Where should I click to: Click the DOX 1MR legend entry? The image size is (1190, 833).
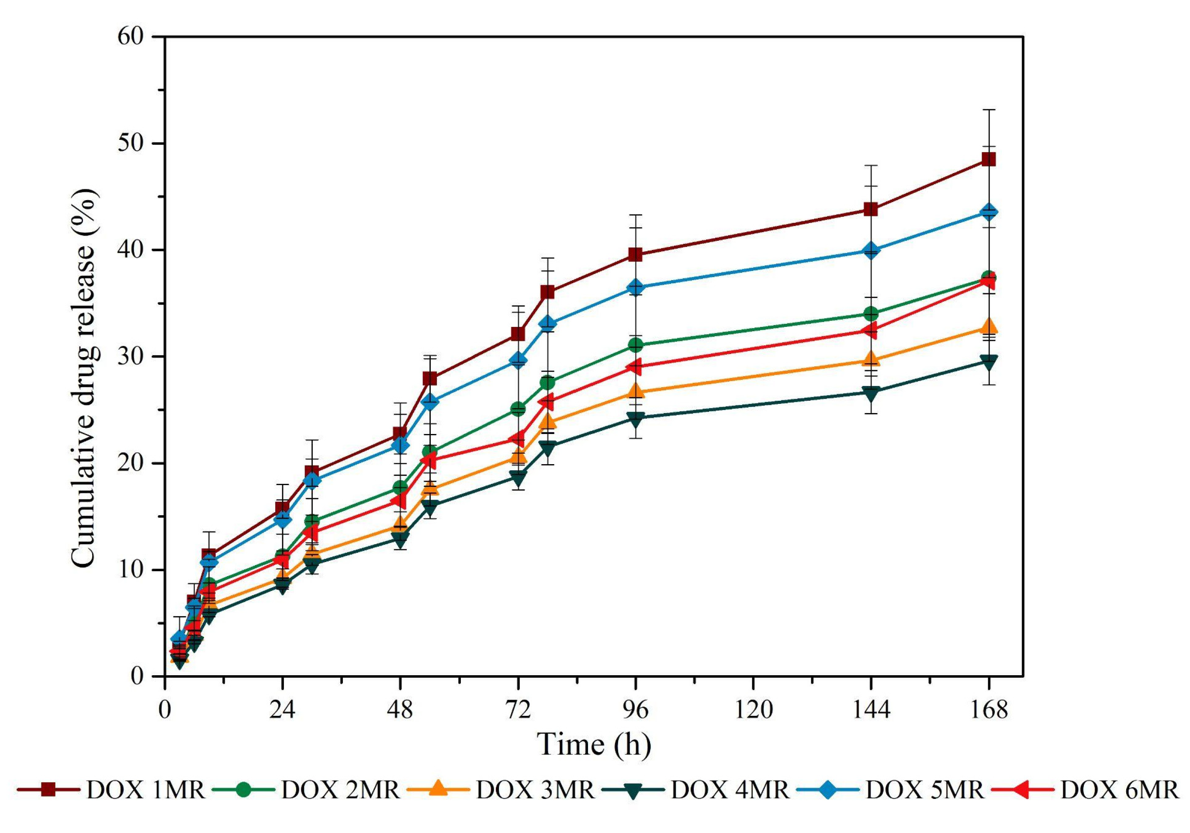[111, 791]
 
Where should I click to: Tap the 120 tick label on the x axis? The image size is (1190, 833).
[753, 710]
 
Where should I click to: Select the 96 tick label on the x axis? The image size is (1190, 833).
[636, 710]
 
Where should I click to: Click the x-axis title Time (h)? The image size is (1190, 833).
[594, 745]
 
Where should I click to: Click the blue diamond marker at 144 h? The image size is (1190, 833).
[871, 250]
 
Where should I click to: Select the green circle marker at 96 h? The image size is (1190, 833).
[636, 345]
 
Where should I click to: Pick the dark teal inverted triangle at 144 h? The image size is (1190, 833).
[871, 393]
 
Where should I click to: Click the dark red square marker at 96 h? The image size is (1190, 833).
[636, 254]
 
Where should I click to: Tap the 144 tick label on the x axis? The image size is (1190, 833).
[871, 710]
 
